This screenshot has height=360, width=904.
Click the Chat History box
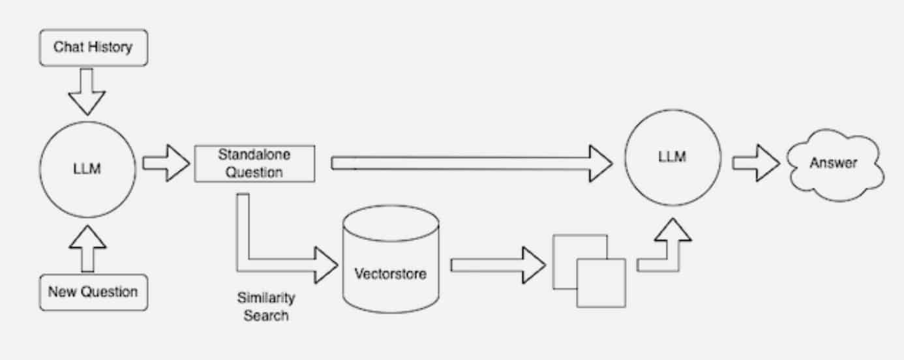[x=93, y=47]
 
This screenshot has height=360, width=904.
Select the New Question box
[x=93, y=292]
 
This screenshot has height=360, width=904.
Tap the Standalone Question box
[x=255, y=164]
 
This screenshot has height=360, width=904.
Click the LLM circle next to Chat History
[x=88, y=170]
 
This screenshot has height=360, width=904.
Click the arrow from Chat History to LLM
[x=87, y=91]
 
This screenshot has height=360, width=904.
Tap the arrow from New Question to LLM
[x=87, y=249]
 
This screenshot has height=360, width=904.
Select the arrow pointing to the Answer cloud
[x=755, y=162]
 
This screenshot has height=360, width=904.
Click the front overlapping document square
[x=601, y=282]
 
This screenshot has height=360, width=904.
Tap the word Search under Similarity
[x=265, y=316]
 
